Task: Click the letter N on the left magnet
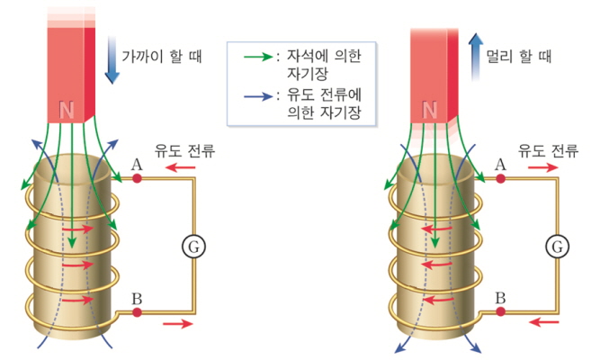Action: [x=66, y=111]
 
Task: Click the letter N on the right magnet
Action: [x=430, y=111]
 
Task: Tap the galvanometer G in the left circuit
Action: [x=191, y=244]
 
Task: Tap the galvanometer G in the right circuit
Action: [x=558, y=244]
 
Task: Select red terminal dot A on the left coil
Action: [x=137, y=178]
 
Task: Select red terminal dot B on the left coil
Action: [x=137, y=312]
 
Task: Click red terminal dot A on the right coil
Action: [x=502, y=178]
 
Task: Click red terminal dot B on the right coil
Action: [x=502, y=312]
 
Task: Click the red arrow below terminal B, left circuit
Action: [x=177, y=325]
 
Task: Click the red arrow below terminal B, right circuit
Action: [x=544, y=320]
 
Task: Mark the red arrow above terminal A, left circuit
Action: [x=177, y=167]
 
